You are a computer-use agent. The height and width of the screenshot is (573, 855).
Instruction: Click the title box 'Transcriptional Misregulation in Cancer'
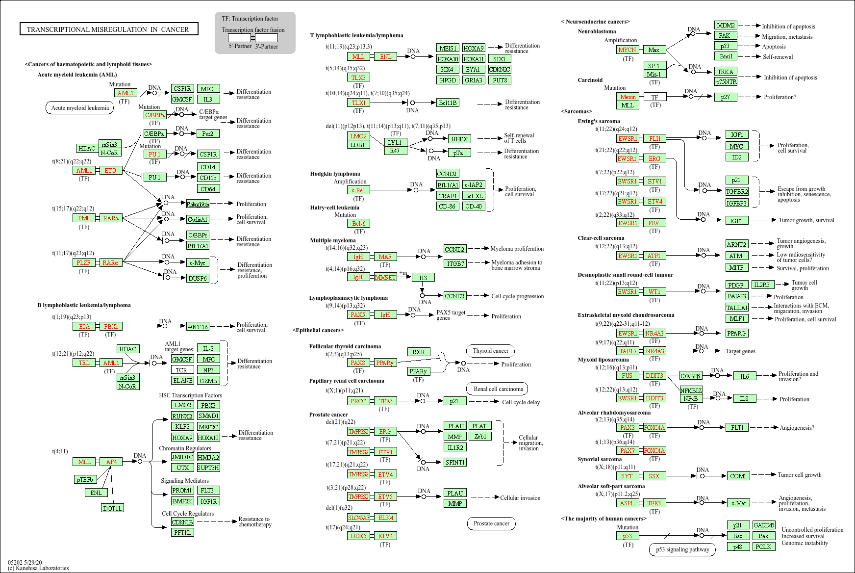point(108,29)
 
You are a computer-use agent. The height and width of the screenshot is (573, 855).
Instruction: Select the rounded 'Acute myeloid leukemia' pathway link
point(80,108)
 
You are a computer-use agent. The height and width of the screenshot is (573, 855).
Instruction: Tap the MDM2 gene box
point(726,26)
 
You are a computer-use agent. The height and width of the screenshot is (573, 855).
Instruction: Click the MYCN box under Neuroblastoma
point(627,50)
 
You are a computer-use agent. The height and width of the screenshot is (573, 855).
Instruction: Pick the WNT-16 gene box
point(197,326)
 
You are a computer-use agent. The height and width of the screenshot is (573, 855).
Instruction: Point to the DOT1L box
point(112,508)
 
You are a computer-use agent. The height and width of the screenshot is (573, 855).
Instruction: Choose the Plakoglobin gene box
point(198,204)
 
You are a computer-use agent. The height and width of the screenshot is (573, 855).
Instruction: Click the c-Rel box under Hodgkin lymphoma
point(358,190)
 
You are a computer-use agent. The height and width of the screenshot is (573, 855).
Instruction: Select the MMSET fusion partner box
point(385,277)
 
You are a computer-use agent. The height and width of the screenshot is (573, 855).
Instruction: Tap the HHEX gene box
point(459,139)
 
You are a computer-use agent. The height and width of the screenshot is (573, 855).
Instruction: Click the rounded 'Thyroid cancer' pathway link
point(490,351)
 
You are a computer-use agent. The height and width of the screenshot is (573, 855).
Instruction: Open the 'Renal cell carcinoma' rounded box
point(498,389)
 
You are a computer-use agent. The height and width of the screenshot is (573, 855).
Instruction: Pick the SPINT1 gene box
point(455,462)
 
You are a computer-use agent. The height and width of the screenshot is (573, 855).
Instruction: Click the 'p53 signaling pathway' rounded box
point(682,549)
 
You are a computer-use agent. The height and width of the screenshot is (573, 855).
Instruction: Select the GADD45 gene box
point(764,525)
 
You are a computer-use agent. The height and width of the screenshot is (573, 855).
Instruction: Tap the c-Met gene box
point(738,503)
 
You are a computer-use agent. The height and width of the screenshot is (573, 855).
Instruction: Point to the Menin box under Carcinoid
point(628,97)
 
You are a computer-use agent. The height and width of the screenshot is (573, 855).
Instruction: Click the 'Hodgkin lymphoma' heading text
point(335,174)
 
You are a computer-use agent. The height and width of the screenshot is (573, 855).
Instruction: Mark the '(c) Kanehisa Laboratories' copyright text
point(38,568)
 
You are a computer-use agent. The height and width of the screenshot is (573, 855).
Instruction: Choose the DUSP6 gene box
point(198,278)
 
